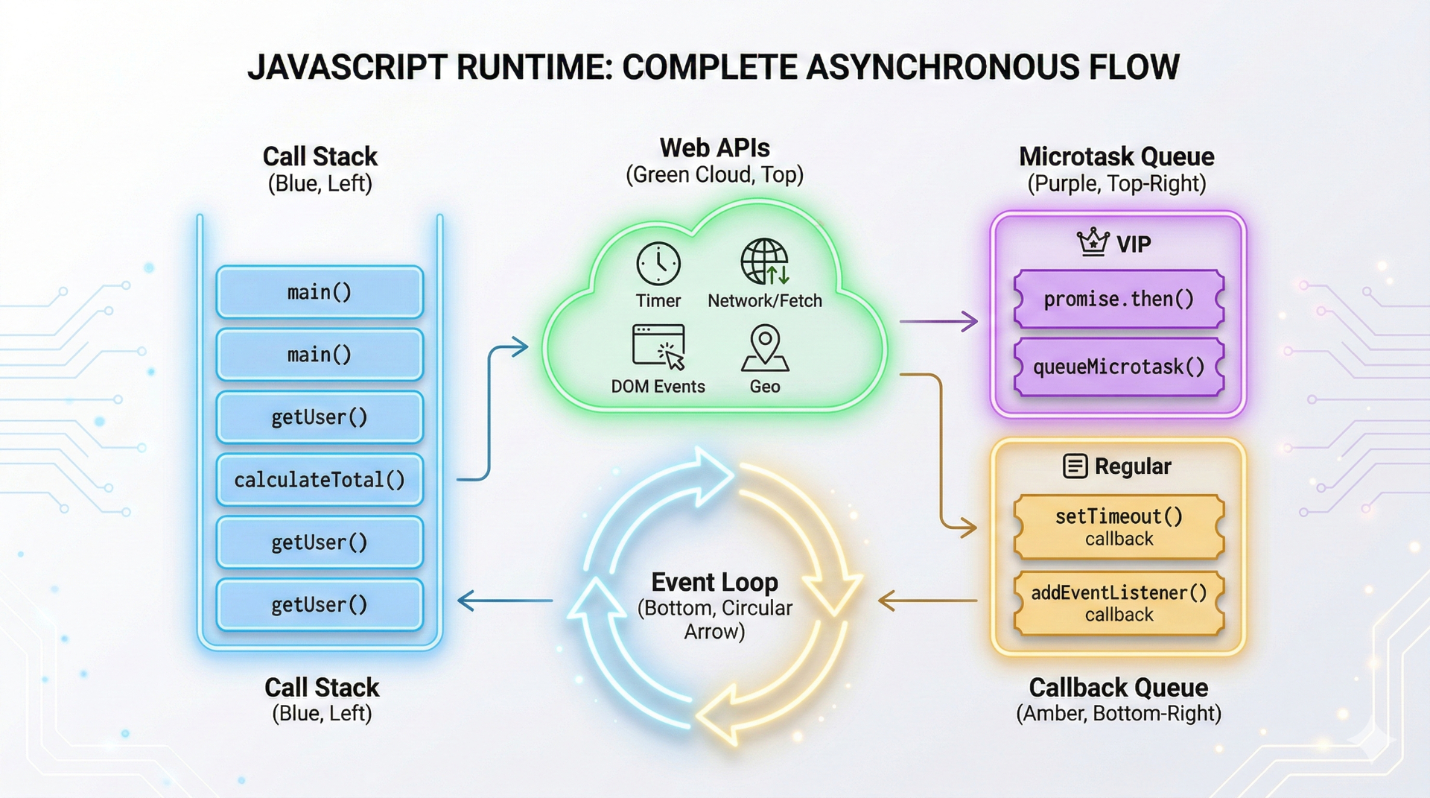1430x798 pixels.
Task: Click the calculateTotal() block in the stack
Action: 320,480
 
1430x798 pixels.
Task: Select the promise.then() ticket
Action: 1119,300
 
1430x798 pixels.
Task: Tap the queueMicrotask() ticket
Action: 1119,367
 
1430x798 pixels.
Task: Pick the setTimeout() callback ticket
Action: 1119,527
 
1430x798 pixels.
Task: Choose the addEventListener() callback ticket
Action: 1119,603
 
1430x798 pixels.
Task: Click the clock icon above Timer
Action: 658,264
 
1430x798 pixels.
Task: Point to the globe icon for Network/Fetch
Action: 764,262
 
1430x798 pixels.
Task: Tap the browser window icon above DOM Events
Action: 658,346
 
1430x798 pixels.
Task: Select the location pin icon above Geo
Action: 765,347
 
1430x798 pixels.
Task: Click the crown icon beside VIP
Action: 1093,242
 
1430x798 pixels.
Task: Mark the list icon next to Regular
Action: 1075,466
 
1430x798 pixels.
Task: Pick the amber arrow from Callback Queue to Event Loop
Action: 927,601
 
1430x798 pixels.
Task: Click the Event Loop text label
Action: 714,582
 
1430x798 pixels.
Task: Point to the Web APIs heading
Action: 714,148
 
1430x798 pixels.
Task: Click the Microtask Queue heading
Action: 1116,156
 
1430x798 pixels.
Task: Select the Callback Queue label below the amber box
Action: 1118,687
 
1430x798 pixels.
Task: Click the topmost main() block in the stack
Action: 320,292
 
